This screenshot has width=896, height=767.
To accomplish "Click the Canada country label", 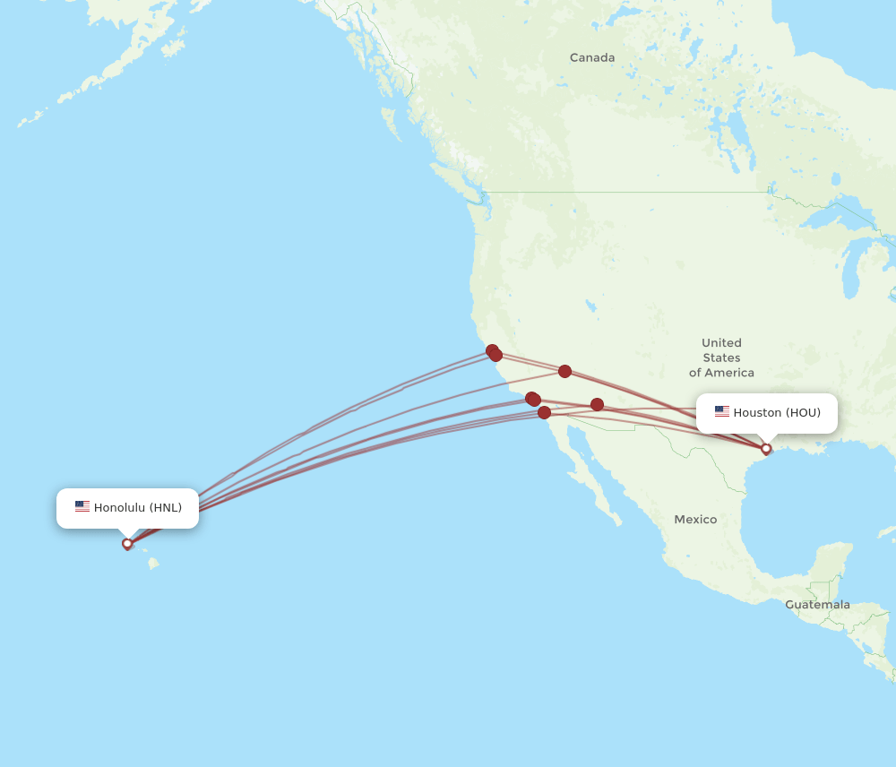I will coord(592,57).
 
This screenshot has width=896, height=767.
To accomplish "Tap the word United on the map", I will coord(721,342).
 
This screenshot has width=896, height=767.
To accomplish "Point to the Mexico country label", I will coord(695,520).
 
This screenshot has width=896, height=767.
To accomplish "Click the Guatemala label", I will coord(817,605).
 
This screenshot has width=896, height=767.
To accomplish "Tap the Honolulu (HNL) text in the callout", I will coord(138,507).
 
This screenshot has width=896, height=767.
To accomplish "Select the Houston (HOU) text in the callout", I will coord(777,412).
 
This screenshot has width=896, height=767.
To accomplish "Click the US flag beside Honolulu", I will coord(82,506).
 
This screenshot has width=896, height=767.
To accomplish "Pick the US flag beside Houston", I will coord(722,411).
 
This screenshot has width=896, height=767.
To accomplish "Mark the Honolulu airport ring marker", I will coord(127,543).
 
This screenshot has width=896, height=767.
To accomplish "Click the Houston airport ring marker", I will coord(766,449).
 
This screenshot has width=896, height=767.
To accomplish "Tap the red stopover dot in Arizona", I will coord(597,405).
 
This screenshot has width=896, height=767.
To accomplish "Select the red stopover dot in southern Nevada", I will coord(564,371).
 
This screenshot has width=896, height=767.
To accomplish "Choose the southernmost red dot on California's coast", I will coord(544,412).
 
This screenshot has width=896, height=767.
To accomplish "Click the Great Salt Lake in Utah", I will coord(592,306).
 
